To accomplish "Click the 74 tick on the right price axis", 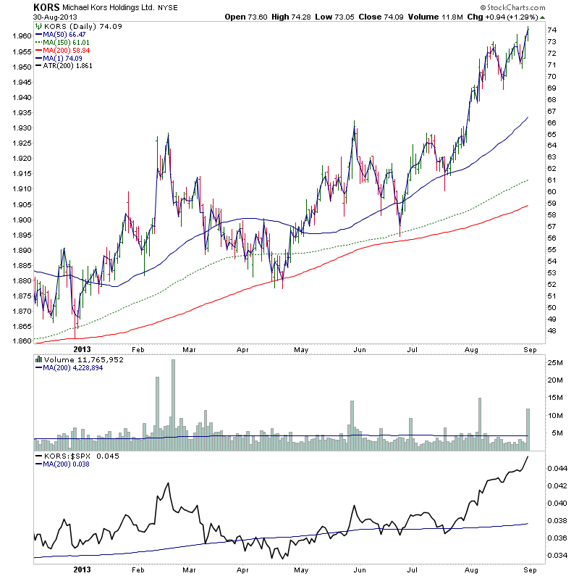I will click(x=551, y=30).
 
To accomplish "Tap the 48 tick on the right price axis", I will click(x=551, y=331).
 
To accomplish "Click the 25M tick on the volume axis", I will click(x=555, y=362).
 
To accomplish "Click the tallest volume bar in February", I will click(x=173, y=398).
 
